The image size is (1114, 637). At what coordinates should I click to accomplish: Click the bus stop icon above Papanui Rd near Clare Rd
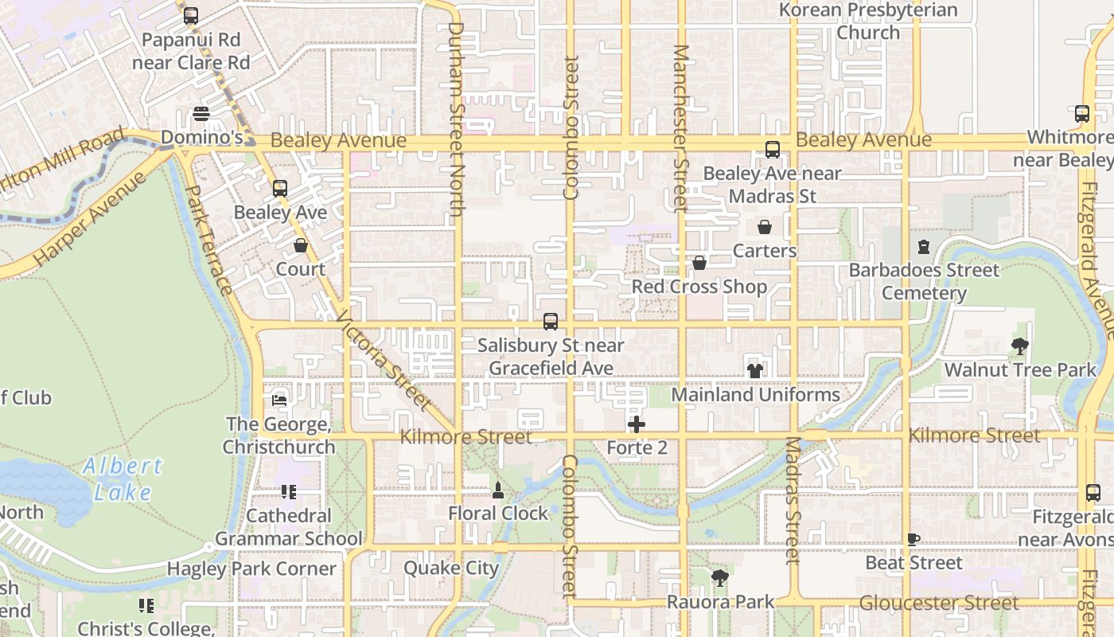(191, 15)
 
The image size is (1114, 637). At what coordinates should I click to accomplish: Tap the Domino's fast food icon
(201, 114)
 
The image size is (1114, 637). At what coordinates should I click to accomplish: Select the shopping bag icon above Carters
(765, 227)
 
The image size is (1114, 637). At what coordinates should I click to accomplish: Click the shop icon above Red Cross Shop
(699, 262)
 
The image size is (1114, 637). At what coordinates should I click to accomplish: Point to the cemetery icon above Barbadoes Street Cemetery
(924, 247)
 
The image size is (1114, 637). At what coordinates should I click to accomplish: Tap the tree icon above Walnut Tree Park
(1020, 346)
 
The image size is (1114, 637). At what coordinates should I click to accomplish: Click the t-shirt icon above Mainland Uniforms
(755, 370)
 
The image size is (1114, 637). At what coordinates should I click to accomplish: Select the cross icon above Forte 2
(637, 424)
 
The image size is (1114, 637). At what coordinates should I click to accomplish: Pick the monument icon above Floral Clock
(498, 489)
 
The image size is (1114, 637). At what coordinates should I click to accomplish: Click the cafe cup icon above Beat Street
(913, 539)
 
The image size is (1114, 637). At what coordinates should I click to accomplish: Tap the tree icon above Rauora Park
(719, 577)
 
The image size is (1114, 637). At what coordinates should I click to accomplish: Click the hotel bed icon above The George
(279, 400)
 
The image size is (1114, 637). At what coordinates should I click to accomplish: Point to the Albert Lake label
(123, 479)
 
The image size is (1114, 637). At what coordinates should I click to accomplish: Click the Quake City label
(451, 568)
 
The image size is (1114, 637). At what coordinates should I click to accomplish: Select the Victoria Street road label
(384, 363)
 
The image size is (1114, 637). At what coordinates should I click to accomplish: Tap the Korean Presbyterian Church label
(868, 21)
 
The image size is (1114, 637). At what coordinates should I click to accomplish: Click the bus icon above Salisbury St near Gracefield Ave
(551, 322)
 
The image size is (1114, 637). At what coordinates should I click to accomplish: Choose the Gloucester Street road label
(939, 603)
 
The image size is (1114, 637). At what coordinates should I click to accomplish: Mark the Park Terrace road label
(209, 240)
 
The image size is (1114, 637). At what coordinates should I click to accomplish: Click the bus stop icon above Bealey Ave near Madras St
(773, 149)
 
